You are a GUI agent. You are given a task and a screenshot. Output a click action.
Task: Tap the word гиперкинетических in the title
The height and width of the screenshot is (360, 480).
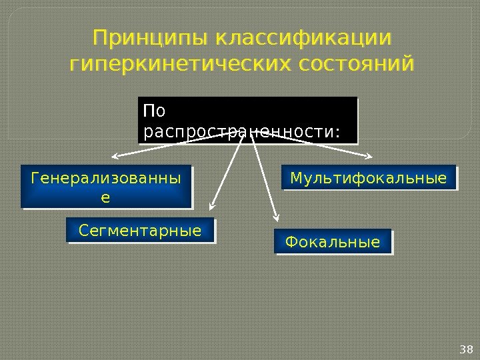(181, 65)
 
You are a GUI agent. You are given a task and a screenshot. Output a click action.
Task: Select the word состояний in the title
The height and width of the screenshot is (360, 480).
(357, 65)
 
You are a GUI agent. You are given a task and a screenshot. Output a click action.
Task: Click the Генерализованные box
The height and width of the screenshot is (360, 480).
(106, 187)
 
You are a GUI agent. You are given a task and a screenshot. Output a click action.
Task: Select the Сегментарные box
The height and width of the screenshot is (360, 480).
(141, 230)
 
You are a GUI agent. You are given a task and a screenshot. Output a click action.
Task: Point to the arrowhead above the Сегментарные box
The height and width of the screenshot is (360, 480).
(211, 205)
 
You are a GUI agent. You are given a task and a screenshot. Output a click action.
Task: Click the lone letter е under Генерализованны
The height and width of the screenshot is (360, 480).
(105, 198)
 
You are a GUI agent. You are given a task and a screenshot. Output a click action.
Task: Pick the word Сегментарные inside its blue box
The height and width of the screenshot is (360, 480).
(140, 231)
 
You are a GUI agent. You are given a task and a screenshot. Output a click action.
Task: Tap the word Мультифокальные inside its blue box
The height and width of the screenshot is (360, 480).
(369, 179)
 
